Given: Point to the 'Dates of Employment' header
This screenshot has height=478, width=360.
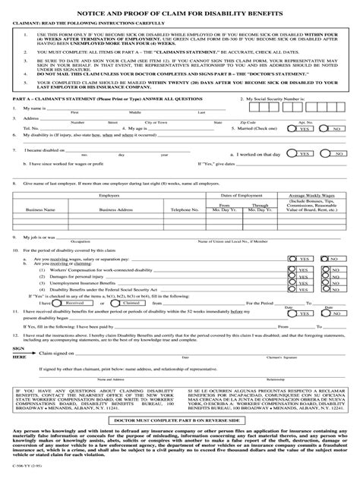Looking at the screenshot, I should [235, 196].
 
